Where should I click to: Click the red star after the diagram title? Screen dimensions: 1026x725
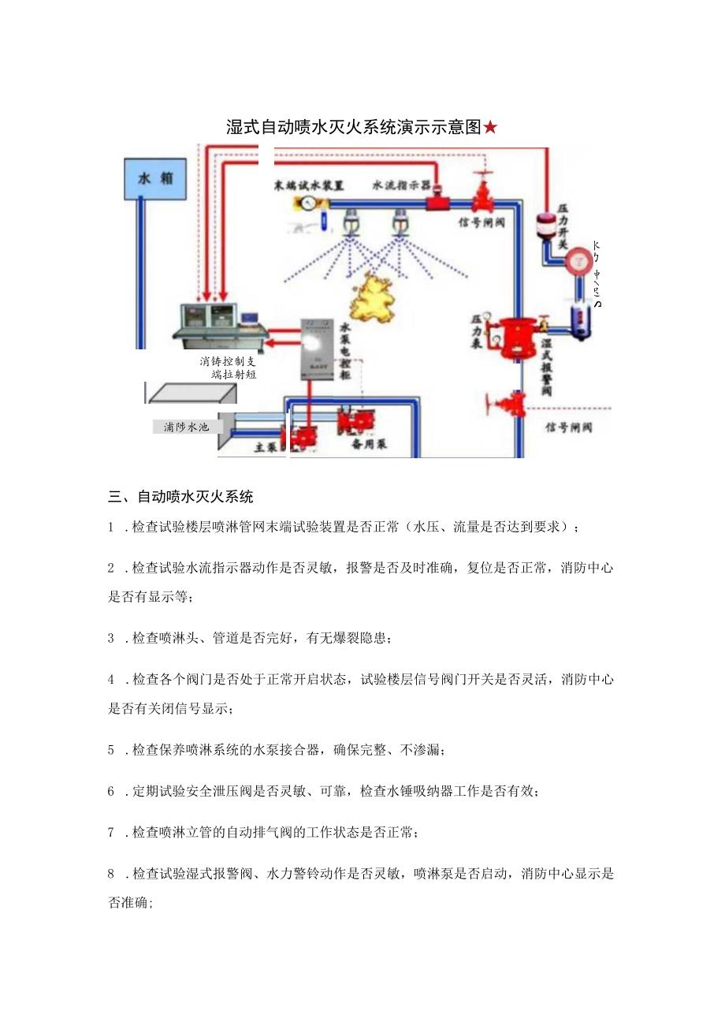(490, 127)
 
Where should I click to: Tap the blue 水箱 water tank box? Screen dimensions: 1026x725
(155, 178)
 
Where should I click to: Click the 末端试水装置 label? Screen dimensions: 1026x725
(309, 185)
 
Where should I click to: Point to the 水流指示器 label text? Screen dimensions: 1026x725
(401, 185)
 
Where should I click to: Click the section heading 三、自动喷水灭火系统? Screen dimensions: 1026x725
(180, 497)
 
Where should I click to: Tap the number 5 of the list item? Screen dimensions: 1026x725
(112, 749)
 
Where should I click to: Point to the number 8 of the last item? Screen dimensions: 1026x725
(112, 874)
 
